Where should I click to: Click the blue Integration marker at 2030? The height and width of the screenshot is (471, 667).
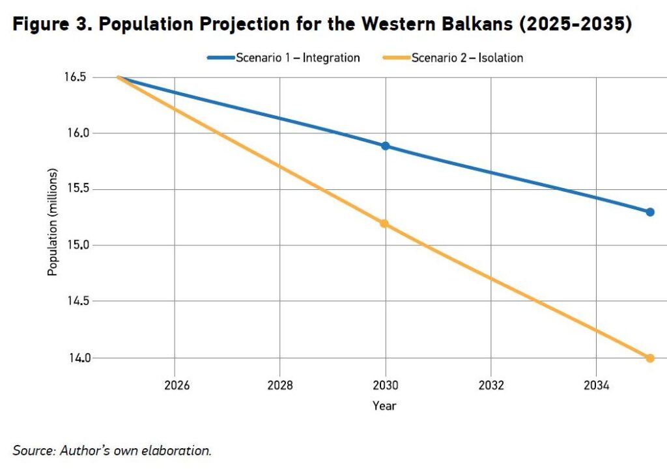coord(385,146)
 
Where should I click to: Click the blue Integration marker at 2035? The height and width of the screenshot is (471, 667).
coord(649,212)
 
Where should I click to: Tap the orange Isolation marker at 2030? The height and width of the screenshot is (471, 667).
coord(384,224)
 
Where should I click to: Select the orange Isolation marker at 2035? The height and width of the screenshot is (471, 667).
coord(649,358)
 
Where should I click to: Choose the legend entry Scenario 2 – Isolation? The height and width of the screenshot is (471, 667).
coord(467,58)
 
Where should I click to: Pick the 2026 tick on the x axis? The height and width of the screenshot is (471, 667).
coord(176,385)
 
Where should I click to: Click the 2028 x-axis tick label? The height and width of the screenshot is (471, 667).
coord(280,385)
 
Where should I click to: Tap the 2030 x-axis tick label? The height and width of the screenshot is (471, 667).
coord(385,385)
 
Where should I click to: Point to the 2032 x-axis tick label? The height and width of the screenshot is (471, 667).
coord(490,385)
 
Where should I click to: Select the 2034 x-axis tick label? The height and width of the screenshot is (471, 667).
coord(595,385)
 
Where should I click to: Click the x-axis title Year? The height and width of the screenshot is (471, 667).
coord(384,406)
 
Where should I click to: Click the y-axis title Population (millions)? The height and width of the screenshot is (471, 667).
coord(53,222)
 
